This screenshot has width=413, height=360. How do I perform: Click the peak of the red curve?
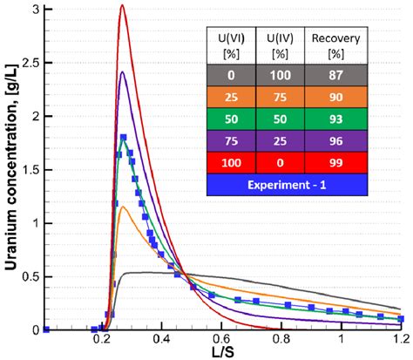pyautogui.click(x=122, y=6)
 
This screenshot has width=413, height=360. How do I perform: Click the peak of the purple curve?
pyautogui.click(x=123, y=72)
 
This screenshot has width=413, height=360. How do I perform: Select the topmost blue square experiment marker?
pyautogui.click(x=123, y=137)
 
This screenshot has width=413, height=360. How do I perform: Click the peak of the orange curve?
pyautogui.click(x=124, y=207)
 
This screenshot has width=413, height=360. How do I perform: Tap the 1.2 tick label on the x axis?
pyautogui.click(x=399, y=338)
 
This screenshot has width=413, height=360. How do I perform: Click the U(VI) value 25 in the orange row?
pyautogui.click(x=224, y=98)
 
